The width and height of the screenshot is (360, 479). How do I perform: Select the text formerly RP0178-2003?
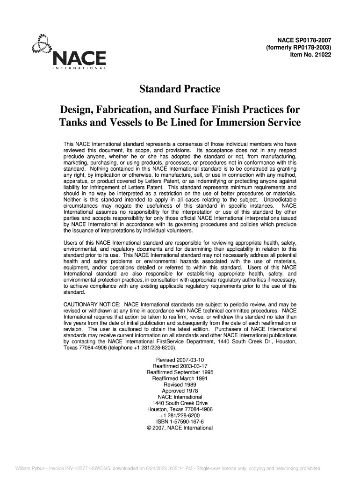pos(298,48)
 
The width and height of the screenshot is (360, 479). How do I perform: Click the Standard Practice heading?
pos(180,89)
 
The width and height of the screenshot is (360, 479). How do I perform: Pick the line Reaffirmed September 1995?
pos(180,372)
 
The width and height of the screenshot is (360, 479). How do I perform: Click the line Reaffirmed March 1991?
pos(180,378)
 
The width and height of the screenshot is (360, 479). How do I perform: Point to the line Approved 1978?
pos(180,391)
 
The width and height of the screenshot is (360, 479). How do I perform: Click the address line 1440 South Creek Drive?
pos(180,403)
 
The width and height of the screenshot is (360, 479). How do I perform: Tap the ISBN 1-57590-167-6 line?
pos(180,421)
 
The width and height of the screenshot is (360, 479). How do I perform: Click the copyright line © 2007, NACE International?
pos(180,428)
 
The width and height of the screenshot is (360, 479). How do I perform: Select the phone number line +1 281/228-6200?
pos(180,415)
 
